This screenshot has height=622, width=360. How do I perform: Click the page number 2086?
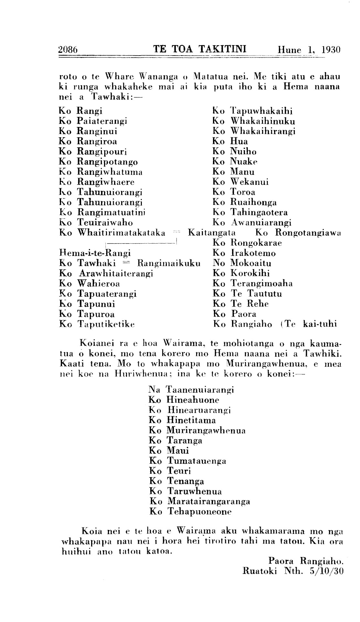tap(68, 50)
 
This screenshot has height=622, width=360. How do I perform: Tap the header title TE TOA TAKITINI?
tap(200, 49)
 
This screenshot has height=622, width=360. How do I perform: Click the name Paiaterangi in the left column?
tap(102, 121)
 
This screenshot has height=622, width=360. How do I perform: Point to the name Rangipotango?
tap(107, 162)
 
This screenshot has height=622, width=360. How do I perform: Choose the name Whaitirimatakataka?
tap(121, 233)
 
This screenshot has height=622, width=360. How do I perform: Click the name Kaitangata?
tap(212, 233)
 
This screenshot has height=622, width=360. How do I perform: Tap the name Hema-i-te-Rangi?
tap(95, 253)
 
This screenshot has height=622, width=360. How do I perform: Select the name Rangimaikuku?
tap(169, 263)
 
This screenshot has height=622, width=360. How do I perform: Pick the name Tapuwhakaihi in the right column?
tap(261, 111)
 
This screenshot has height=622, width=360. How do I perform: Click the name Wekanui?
tap(249, 182)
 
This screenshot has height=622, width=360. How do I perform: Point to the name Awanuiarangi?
tap(261, 223)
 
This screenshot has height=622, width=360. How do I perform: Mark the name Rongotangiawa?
tap(309, 233)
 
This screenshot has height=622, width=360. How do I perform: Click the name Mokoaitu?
tap(251, 263)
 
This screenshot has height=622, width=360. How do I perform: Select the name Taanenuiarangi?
tap(200, 390)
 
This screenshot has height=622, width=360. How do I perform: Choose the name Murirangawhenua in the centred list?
tap(206, 430)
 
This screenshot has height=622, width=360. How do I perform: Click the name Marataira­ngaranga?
tap(209, 501)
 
